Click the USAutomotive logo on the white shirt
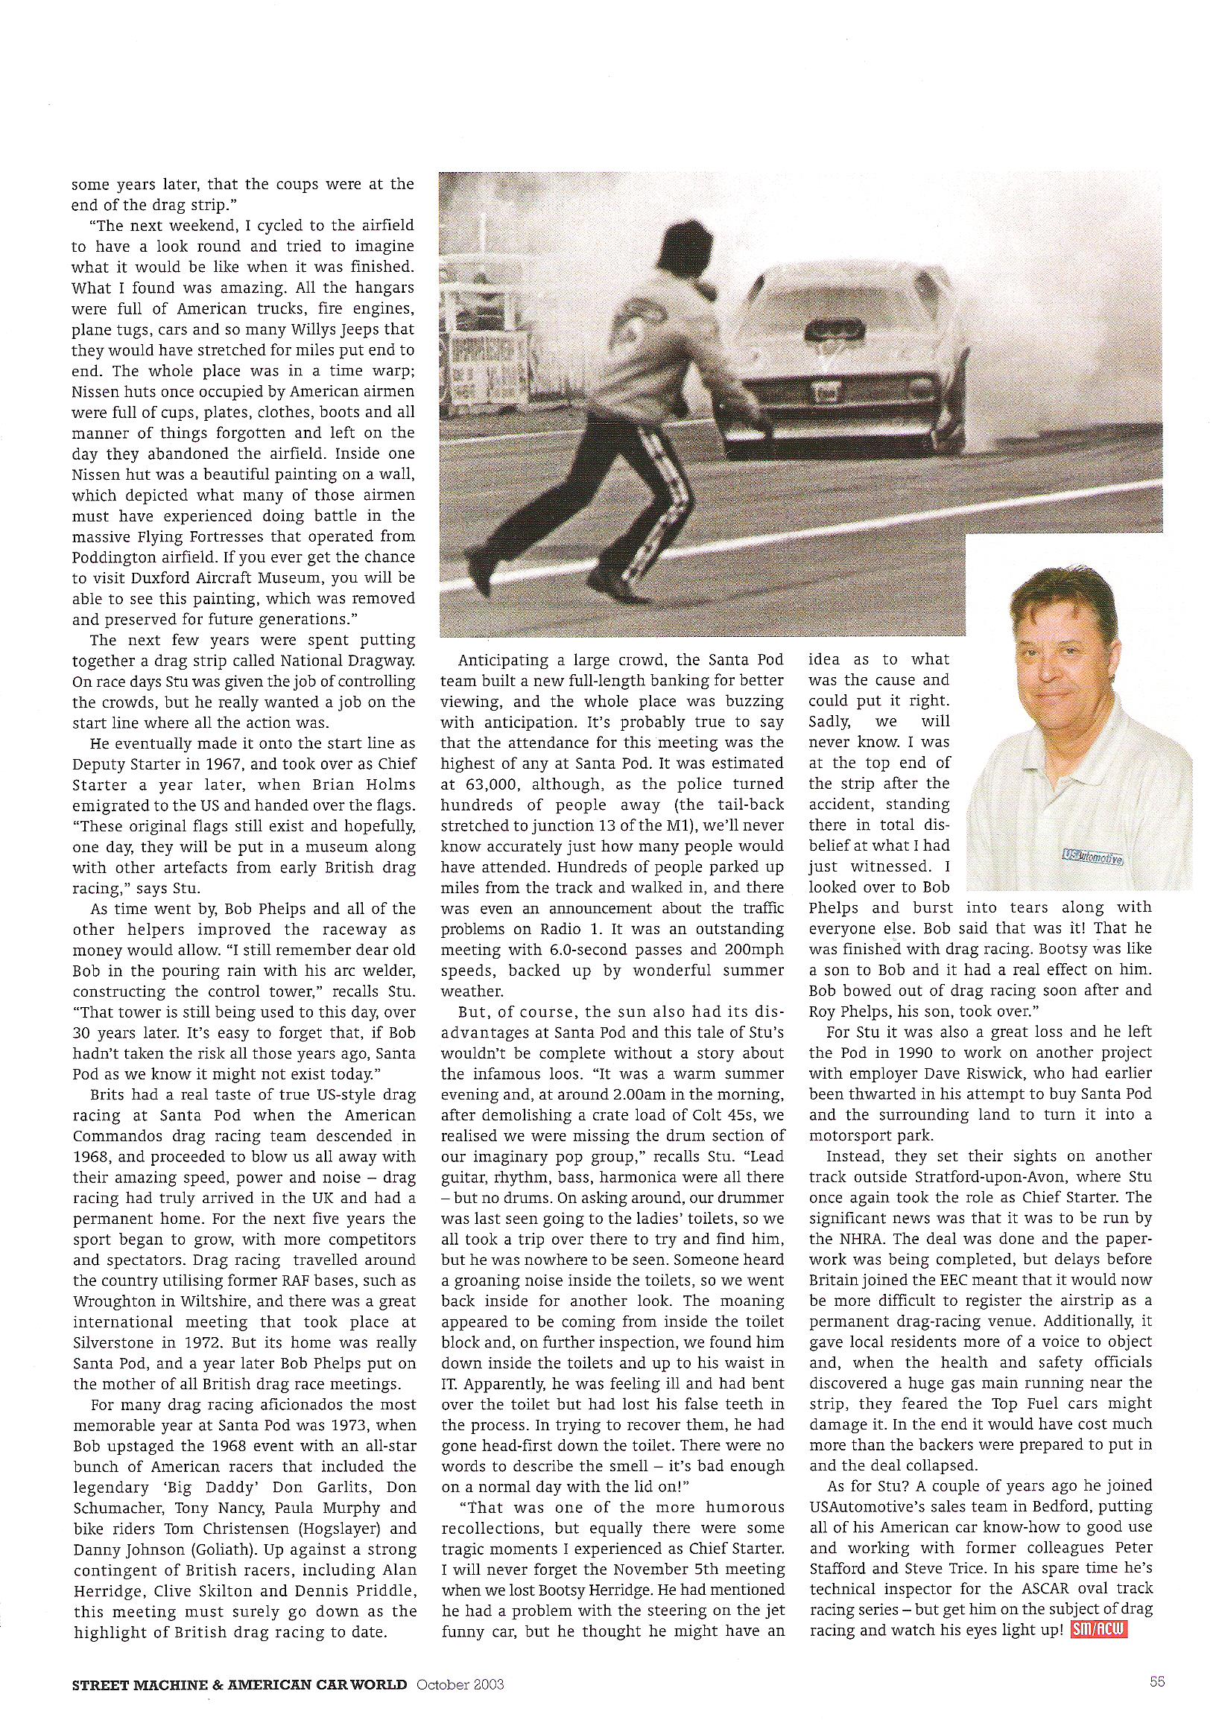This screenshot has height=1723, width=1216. click(1094, 855)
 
